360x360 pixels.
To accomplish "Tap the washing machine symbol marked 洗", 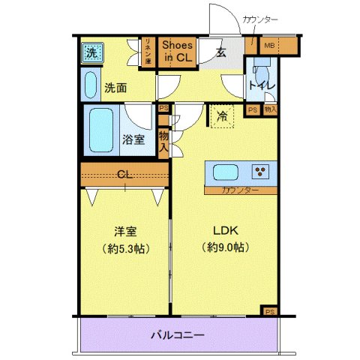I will pos(91,52).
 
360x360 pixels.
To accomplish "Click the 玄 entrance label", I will pos(222,52).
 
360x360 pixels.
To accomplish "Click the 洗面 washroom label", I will pos(115,87).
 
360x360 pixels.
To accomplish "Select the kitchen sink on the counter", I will pos(226,172).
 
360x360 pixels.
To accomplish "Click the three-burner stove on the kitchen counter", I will pos(262,172).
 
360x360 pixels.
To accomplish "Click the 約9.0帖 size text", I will pos(224,247).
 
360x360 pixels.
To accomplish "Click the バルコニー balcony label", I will pos(178,334).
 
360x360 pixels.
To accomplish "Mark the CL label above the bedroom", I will pos(125,175).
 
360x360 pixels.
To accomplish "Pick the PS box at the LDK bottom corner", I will pos(270,310).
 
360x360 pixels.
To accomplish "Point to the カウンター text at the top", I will pos(260,19).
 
